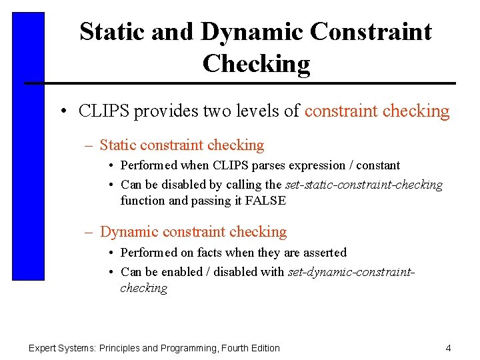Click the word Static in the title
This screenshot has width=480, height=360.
click(108, 31)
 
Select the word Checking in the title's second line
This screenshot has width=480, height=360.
click(256, 63)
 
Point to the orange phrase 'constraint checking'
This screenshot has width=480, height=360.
click(377, 111)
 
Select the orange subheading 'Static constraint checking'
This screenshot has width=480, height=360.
click(182, 145)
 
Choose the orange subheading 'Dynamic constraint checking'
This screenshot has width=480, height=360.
click(193, 232)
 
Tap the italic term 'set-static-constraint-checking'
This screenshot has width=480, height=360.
click(364, 185)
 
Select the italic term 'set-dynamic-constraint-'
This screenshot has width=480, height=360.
click(351, 272)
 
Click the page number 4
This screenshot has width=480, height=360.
click(448, 348)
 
